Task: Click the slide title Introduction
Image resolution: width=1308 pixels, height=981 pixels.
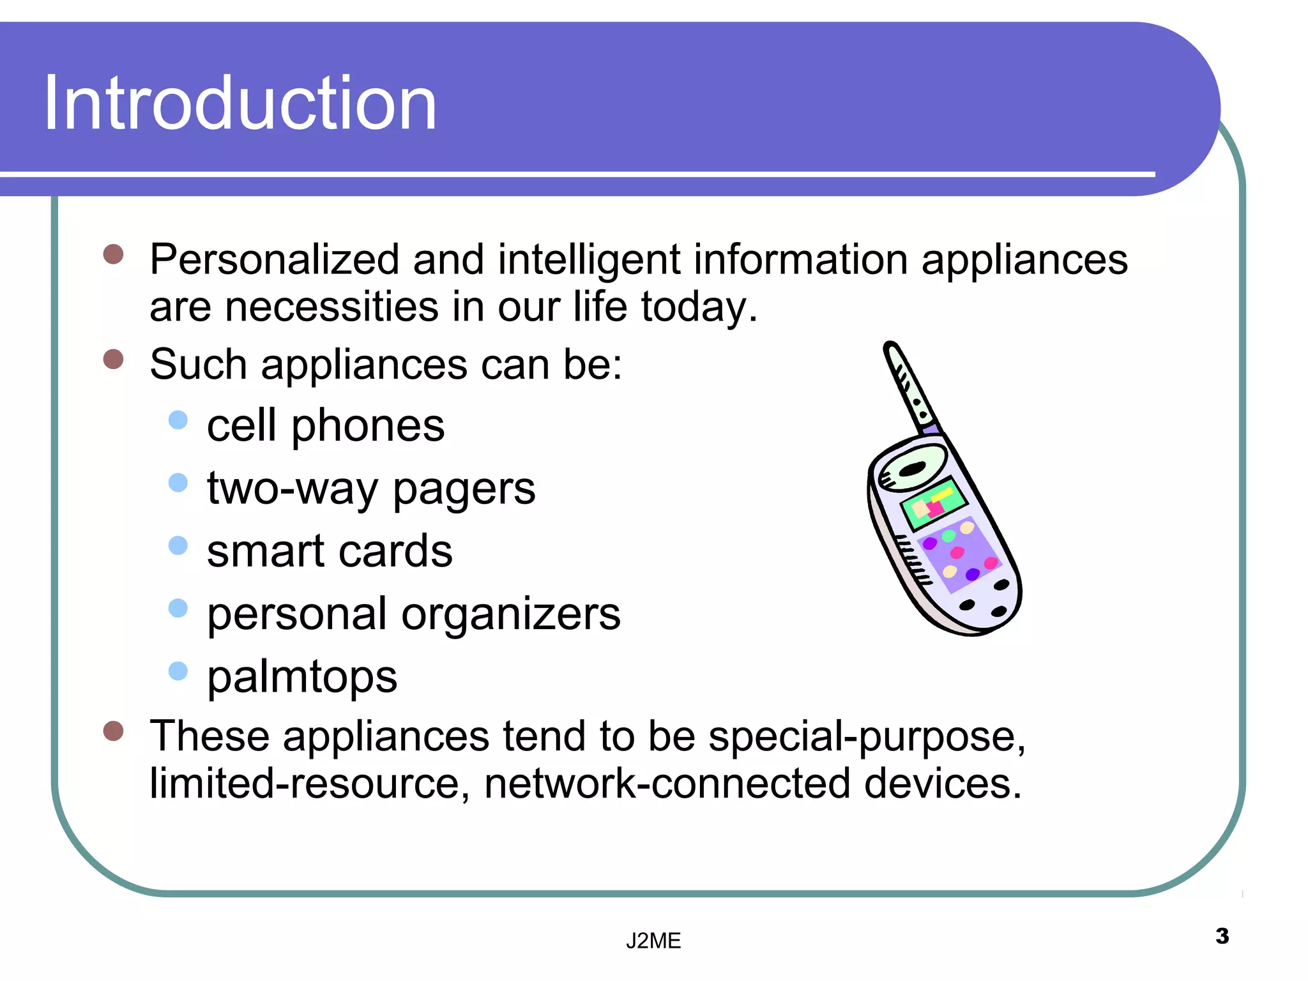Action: tap(240, 103)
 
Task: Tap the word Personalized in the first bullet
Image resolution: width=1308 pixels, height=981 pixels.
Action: tap(274, 260)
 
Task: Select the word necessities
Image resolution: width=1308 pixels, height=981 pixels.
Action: tap(331, 307)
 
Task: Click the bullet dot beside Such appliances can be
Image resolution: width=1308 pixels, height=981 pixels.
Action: tap(113, 359)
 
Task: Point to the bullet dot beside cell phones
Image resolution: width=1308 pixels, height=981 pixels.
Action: tap(178, 420)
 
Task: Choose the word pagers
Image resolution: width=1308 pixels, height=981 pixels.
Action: tap(464, 489)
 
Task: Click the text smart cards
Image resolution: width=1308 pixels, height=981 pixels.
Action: tap(330, 551)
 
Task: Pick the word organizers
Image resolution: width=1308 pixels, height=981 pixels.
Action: tap(510, 614)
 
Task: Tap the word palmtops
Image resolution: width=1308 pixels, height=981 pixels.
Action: tap(302, 677)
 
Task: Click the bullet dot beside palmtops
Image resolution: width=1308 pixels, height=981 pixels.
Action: tap(178, 671)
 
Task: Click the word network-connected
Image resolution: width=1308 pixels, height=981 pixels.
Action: tap(667, 784)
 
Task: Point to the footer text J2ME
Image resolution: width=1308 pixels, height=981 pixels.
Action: tap(653, 941)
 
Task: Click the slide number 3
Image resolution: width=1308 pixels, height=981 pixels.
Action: tap(1222, 936)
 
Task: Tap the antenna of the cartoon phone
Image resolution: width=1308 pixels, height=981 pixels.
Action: tap(909, 387)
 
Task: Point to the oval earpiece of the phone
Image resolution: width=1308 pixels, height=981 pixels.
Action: tap(913, 468)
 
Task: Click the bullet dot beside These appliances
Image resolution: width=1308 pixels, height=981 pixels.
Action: tap(113, 731)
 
